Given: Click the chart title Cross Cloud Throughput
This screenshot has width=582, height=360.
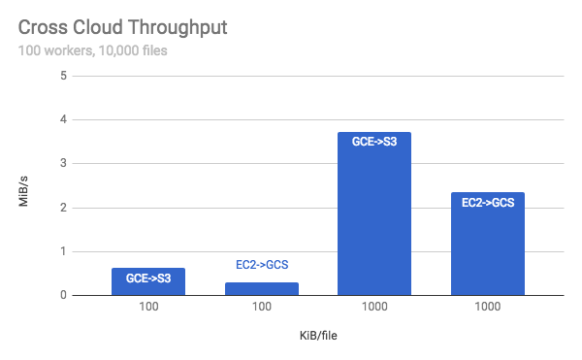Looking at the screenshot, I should click(122, 27).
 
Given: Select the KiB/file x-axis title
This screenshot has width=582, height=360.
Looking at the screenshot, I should click(318, 336).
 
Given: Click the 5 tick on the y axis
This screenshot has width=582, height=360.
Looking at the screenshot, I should click(63, 76).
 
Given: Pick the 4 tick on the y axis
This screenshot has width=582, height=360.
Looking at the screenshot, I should click(63, 120).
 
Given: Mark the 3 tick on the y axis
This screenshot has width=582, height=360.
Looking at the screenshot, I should click(63, 164).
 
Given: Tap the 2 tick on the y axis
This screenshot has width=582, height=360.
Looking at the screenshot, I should click(63, 208).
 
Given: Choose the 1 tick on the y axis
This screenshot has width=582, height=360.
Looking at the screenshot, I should click(63, 251).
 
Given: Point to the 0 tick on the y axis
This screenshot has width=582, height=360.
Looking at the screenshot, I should click(63, 295).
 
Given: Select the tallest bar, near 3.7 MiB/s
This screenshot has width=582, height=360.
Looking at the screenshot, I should click(374, 213).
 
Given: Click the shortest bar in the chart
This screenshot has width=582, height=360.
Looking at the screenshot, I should click(261, 289).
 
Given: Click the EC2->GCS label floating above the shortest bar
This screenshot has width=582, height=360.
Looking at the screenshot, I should click(261, 264).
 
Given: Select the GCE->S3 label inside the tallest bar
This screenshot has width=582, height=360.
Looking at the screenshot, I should click(374, 141).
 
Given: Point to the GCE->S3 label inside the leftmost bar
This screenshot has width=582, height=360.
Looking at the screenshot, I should click(147, 278).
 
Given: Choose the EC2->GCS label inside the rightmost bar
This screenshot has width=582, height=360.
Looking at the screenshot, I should click(487, 202).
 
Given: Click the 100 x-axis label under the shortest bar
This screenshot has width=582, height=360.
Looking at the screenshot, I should click(261, 309).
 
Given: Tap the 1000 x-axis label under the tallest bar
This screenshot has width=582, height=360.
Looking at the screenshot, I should click(374, 309).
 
